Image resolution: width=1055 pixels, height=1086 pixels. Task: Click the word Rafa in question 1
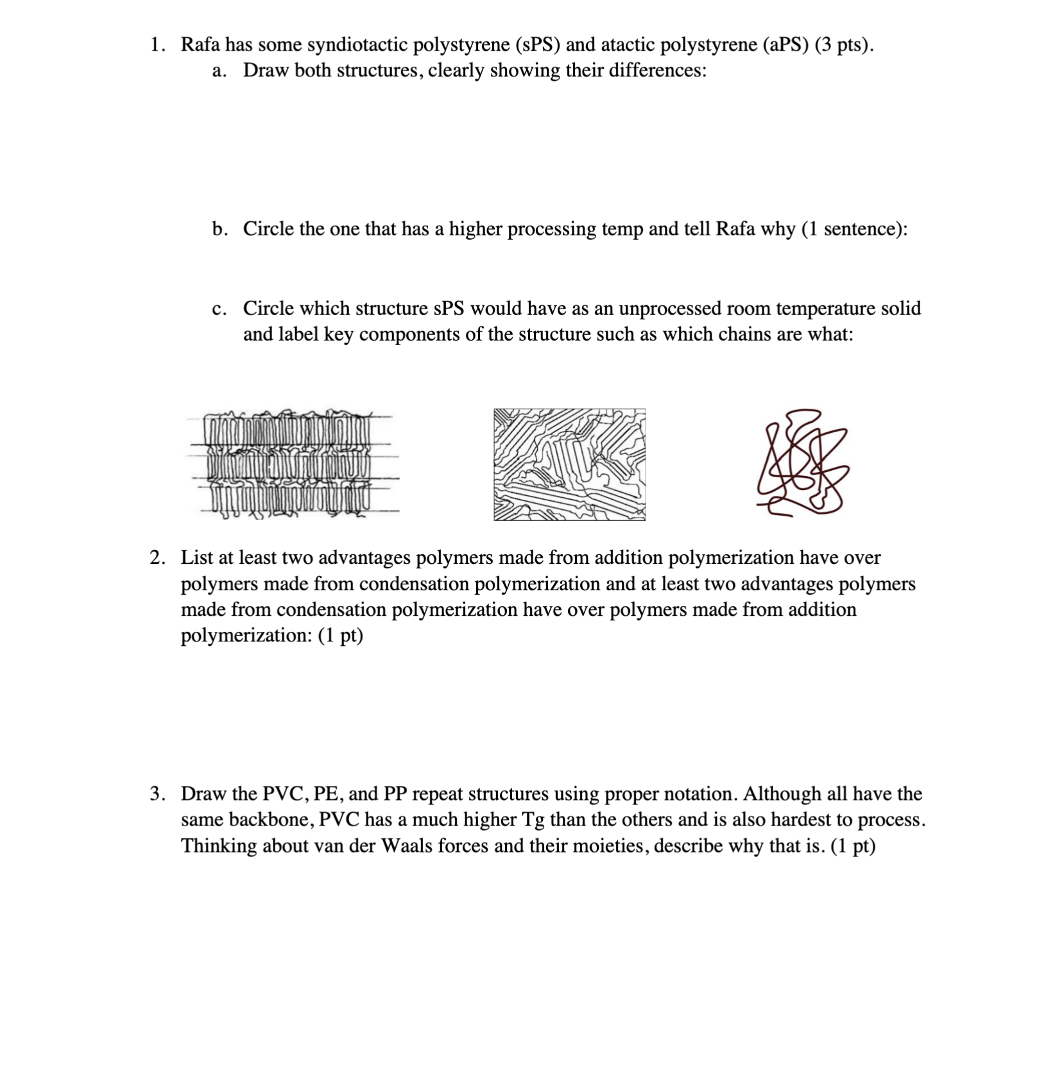tap(200, 45)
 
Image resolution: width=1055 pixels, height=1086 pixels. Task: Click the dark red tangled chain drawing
tap(802, 462)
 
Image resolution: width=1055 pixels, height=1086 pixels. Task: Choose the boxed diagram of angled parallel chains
tap(569, 464)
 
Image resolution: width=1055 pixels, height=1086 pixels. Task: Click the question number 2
tap(156, 557)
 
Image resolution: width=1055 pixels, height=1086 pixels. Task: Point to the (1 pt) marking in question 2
tap(340, 636)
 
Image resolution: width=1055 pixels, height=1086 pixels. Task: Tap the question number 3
tap(156, 794)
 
